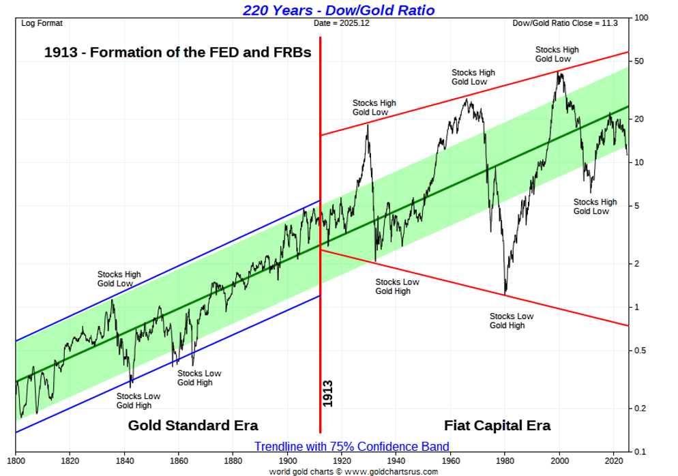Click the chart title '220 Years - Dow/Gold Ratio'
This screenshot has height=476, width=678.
click(x=338, y=10)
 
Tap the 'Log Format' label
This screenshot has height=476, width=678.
click(x=42, y=23)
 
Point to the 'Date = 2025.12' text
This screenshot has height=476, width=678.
click(x=342, y=23)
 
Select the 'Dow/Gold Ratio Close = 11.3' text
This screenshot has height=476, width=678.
click(x=565, y=23)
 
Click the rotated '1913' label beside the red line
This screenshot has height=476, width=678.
click(x=328, y=393)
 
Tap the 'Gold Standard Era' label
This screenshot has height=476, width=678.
click(x=193, y=426)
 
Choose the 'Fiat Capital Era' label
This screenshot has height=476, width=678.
click(x=497, y=426)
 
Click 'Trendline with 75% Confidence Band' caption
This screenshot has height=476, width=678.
click(x=352, y=447)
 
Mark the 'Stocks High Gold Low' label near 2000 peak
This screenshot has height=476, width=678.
click(x=557, y=55)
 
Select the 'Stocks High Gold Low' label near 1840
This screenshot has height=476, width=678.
click(x=119, y=279)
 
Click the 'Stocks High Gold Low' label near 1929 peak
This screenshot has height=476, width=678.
click(x=374, y=108)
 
